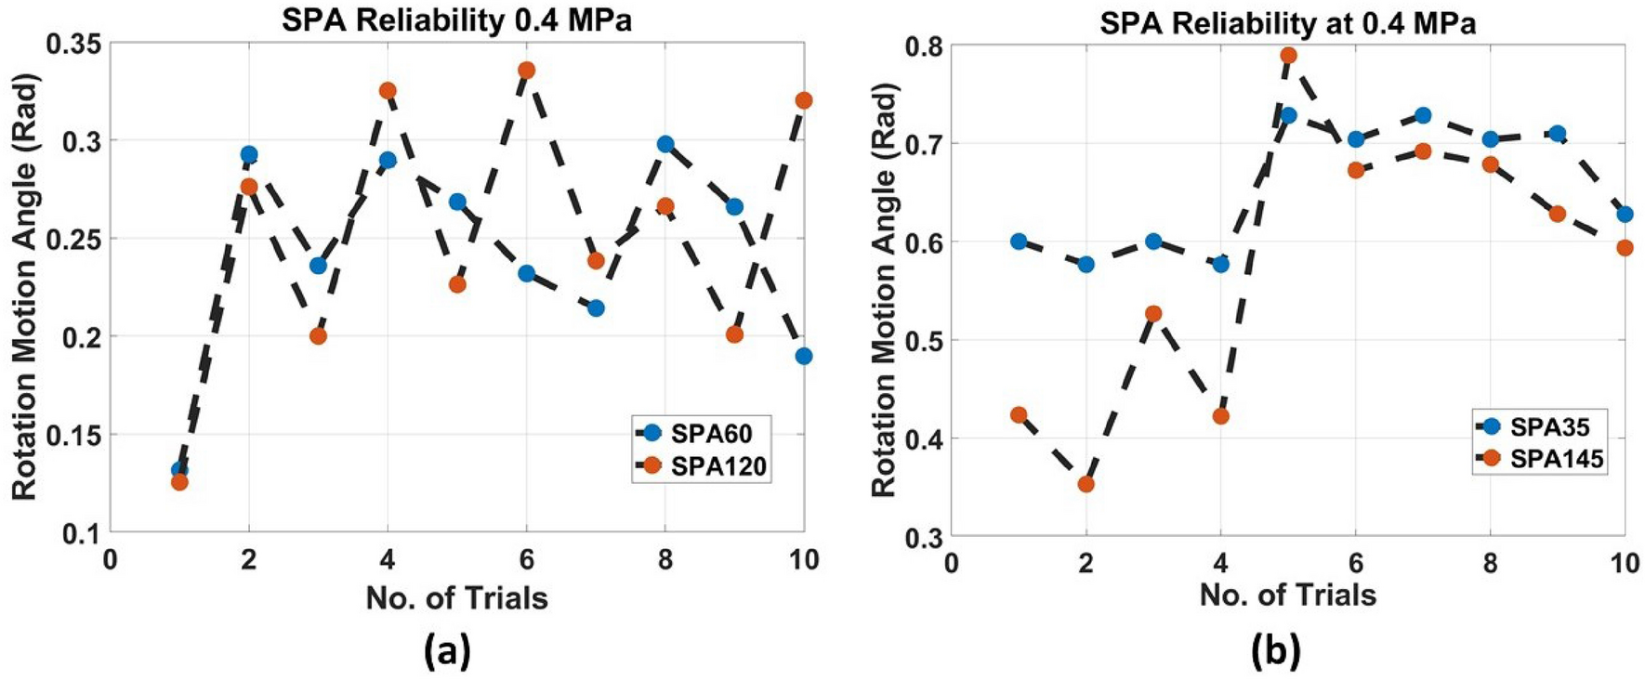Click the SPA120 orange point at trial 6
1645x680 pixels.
(x=526, y=70)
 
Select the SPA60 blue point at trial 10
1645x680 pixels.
(x=804, y=356)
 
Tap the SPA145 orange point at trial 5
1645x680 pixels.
(x=1288, y=55)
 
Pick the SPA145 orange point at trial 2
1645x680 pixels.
(x=1086, y=484)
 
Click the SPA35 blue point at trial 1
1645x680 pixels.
(x=1019, y=242)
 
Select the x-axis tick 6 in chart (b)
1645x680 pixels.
(x=1355, y=563)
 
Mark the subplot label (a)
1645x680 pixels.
(x=447, y=652)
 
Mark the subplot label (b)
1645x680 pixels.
(x=1276, y=652)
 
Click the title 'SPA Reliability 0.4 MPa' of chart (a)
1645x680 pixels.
(x=456, y=20)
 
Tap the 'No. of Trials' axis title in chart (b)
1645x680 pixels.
(x=1287, y=595)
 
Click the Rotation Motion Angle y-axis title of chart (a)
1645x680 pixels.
(x=25, y=288)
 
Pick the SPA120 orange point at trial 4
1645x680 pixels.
(x=388, y=90)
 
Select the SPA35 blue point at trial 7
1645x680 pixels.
(x=1423, y=115)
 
